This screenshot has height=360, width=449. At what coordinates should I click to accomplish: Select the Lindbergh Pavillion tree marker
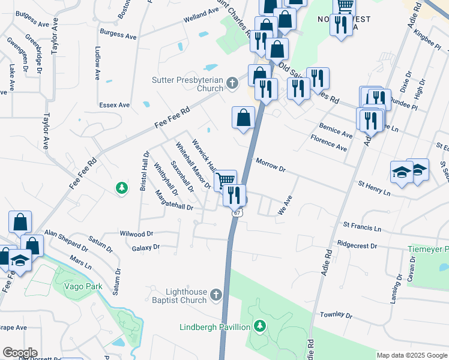click(x=259, y=326)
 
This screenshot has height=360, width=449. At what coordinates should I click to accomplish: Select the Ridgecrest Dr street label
click(x=357, y=245)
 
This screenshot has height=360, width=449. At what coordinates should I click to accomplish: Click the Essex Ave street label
click(x=115, y=105)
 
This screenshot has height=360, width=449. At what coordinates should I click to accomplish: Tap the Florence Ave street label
click(x=328, y=143)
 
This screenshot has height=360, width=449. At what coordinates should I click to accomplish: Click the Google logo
click(x=19, y=353)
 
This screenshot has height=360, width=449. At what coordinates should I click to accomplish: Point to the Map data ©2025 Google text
click(x=412, y=355)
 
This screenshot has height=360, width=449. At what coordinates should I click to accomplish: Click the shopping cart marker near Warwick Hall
click(x=225, y=179)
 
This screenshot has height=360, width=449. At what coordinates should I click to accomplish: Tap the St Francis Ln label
click(x=362, y=228)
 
